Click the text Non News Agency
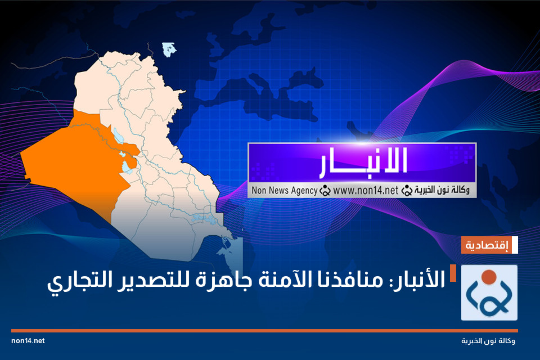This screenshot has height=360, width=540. (283, 191)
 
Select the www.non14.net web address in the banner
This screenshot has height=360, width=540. (366, 191)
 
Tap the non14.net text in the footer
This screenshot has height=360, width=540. (28, 341)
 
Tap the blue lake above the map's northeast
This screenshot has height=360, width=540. (169, 49)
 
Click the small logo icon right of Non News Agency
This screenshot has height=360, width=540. (325, 191)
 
